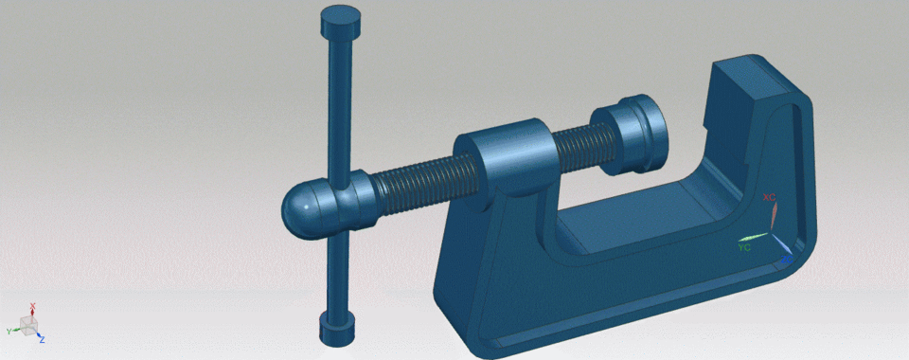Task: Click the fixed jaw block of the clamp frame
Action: [x=748, y=95]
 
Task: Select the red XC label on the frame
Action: [x=770, y=197]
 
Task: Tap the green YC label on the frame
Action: [x=744, y=247]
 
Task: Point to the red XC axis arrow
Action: [x=772, y=216]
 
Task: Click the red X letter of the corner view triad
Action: [x=32, y=306]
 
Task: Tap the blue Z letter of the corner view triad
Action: [x=43, y=338]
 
